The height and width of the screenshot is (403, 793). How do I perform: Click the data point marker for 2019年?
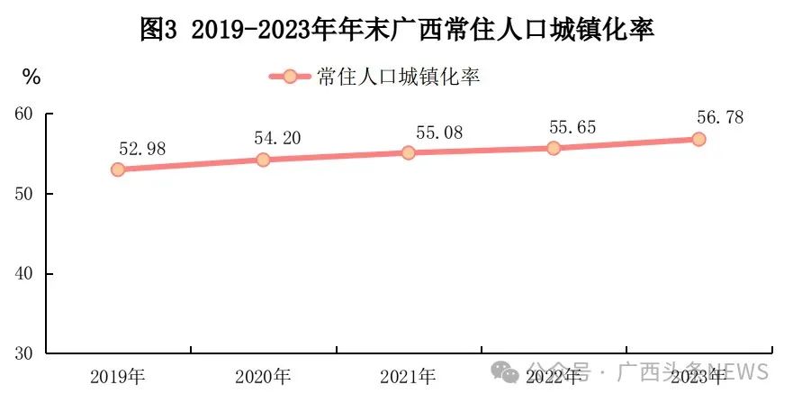118,169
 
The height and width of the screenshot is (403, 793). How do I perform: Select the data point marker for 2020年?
263,160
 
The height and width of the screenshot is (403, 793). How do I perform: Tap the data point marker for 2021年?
408,152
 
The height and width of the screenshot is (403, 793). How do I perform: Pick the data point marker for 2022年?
553,148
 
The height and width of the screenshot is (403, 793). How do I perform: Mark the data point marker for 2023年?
698,139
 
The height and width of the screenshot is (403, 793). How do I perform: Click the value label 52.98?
142,149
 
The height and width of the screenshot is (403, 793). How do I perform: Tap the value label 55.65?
572,127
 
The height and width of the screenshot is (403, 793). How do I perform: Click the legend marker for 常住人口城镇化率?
290,77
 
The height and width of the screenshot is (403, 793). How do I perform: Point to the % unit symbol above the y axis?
32,78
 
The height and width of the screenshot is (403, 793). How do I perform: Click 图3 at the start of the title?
159,30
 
